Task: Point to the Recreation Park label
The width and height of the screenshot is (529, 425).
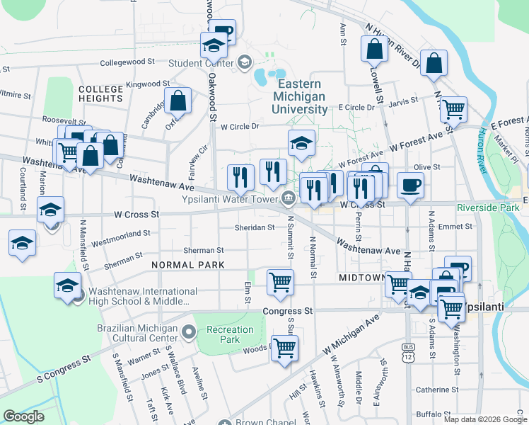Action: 230,334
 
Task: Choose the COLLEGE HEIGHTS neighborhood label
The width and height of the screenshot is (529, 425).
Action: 101,93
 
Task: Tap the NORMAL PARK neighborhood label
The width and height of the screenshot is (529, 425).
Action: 187,265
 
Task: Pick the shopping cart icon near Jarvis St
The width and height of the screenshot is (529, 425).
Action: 453,110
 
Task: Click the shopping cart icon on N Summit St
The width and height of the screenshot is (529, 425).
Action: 280,281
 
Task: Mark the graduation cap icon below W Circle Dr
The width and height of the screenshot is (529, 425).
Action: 301,144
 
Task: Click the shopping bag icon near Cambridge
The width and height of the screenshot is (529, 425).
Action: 178,101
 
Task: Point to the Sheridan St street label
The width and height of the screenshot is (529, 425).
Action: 255,227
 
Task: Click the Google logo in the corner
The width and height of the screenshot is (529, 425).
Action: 23,416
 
